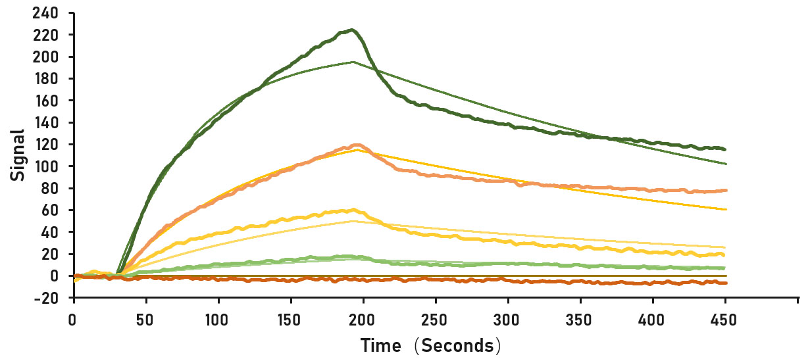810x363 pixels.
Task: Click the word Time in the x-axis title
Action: (384, 345)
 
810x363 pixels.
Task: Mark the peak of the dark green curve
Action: (353, 30)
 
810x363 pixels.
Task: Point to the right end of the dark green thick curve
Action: (724, 149)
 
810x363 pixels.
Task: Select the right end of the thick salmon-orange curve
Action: (725, 190)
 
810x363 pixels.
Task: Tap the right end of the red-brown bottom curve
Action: (725, 283)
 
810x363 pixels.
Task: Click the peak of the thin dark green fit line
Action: (353, 62)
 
